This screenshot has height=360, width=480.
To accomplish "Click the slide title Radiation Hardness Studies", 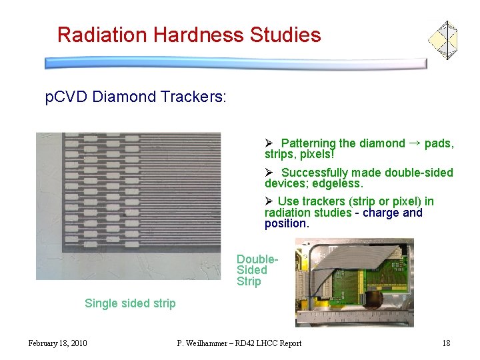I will pyautogui.click(x=189, y=35).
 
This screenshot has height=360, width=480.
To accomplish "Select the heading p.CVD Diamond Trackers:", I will pyautogui.click(x=136, y=97).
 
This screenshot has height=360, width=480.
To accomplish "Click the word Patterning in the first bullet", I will pyautogui.click(x=308, y=143).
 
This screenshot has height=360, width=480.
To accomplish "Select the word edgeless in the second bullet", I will pyautogui.click(x=339, y=183).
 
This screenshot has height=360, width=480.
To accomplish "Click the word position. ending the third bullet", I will pyautogui.click(x=287, y=223).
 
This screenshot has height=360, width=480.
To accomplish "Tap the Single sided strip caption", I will pyautogui.click(x=130, y=303).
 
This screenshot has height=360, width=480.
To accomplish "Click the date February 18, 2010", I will pyautogui.click(x=57, y=343).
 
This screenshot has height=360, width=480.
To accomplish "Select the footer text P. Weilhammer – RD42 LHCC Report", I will pyautogui.click(x=239, y=343).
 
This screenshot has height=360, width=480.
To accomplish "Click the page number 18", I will pyautogui.click(x=446, y=343).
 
